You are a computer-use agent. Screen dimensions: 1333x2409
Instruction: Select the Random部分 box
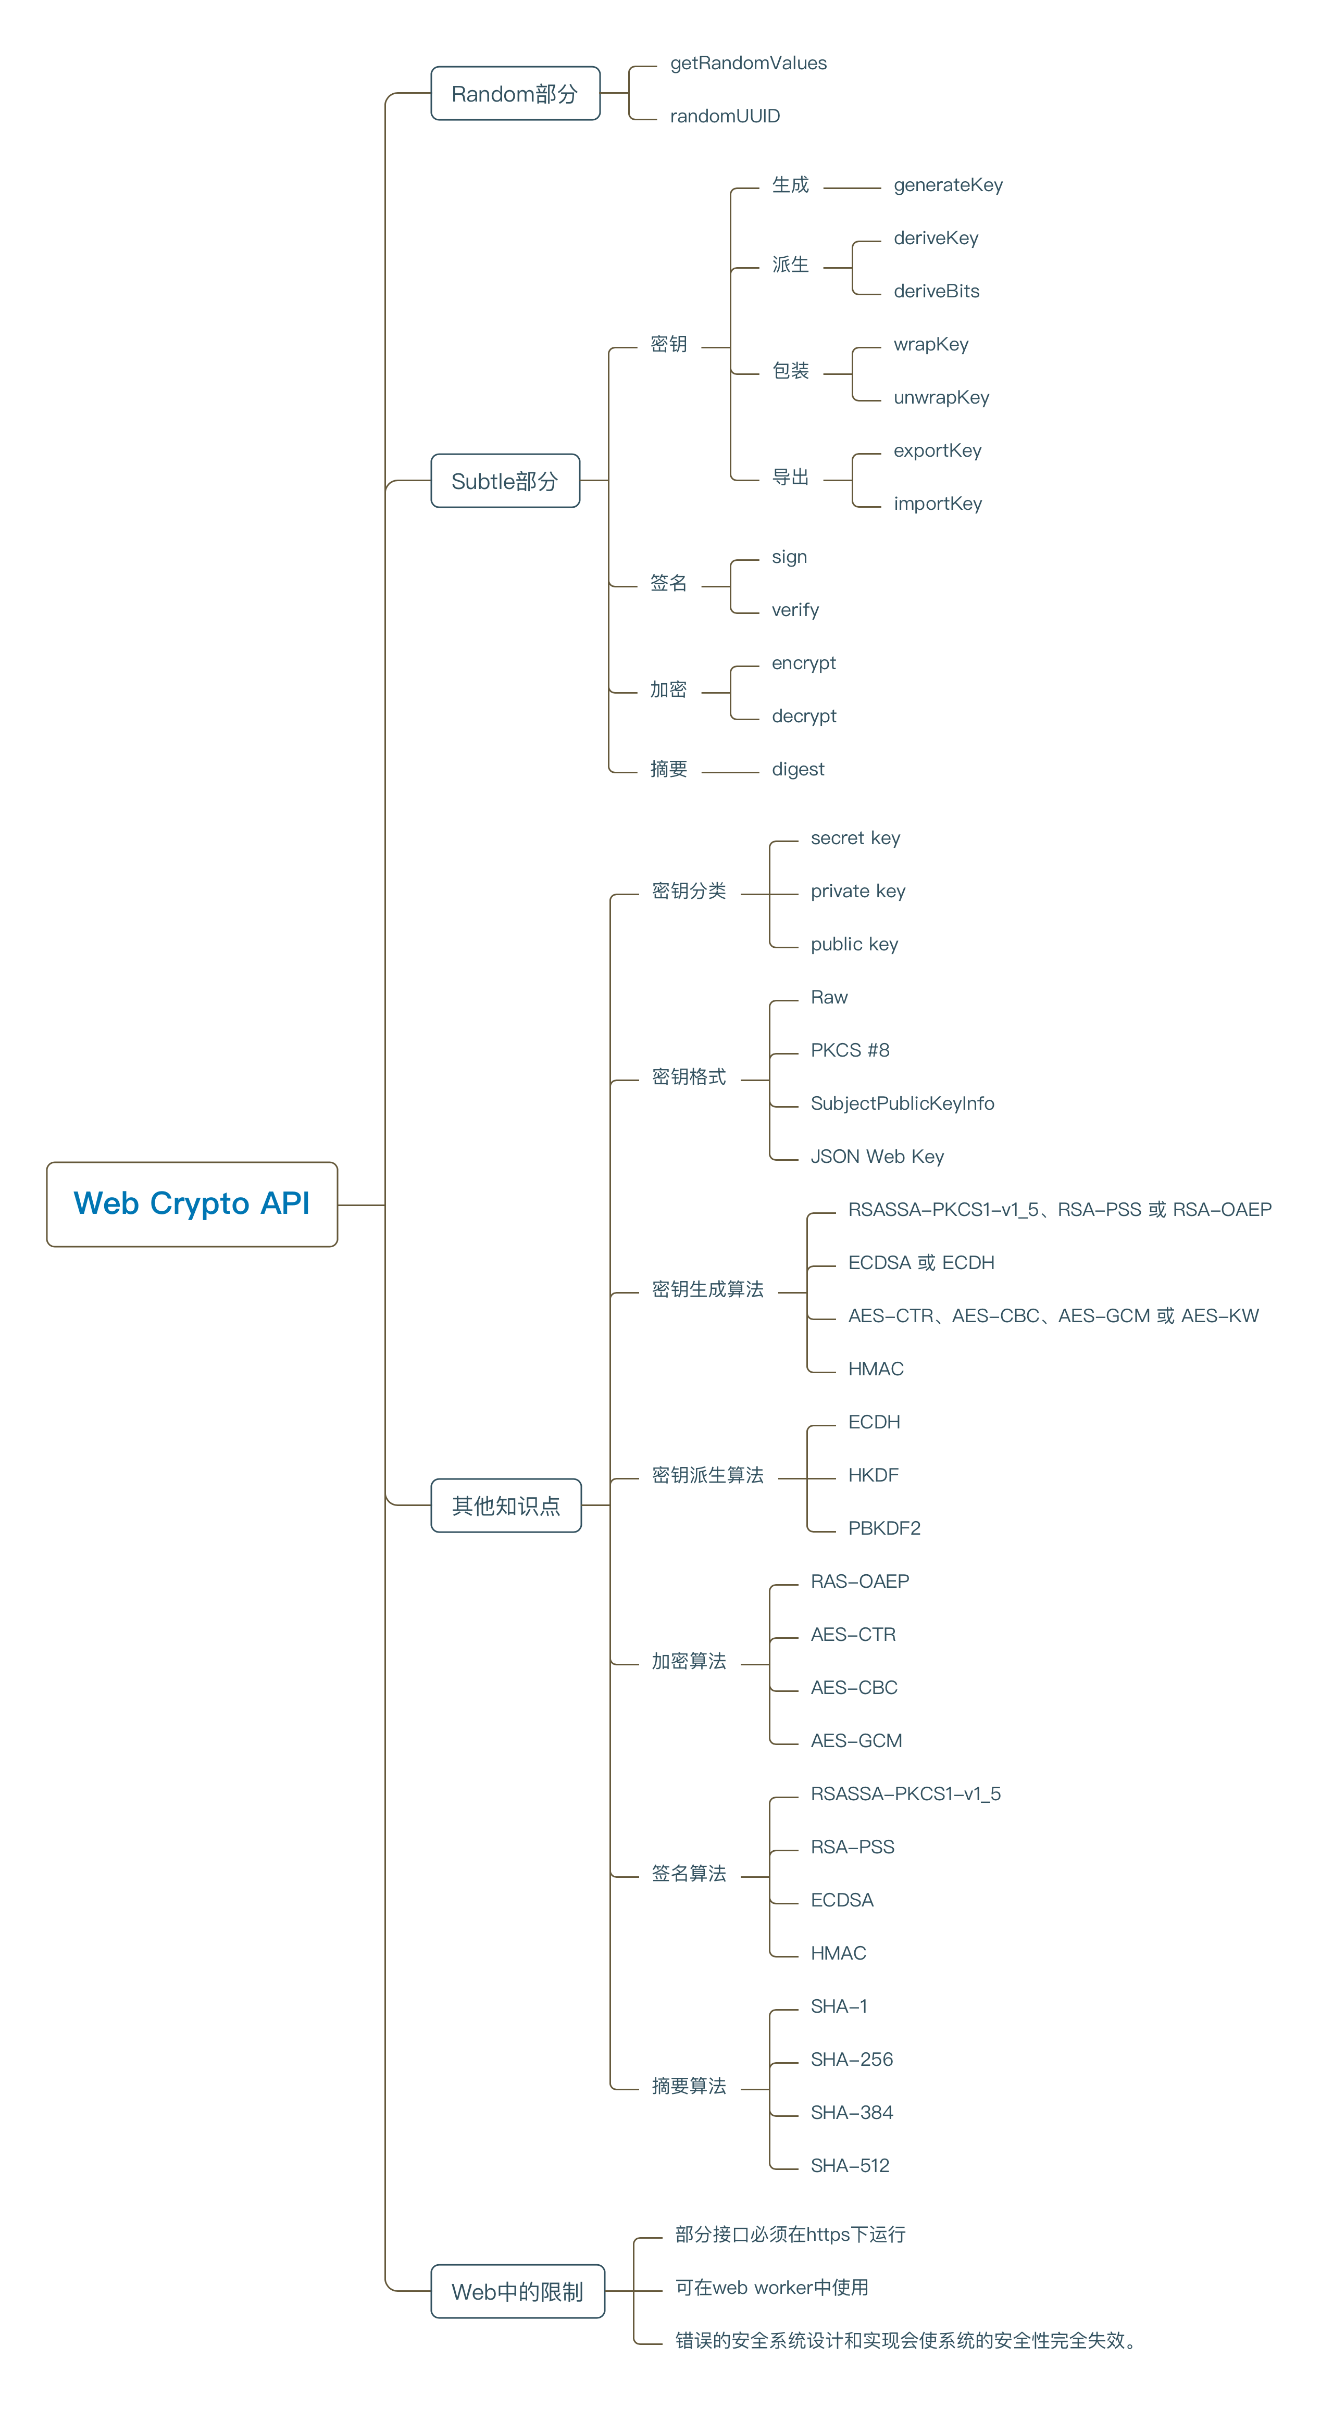pyautogui.click(x=515, y=94)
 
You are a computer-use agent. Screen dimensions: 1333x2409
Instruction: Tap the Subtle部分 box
pyautogui.click(x=505, y=481)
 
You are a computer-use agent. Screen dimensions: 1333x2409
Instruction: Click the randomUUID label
pyautogui.click(x=725, y=116)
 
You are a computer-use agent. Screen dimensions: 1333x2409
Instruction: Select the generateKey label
pyautogui.click(x=948, y=185)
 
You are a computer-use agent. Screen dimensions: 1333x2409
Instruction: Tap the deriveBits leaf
pyautogui.click(x=937, y=291)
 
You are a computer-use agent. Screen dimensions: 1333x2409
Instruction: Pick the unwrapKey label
pyautogui.click(x=941, y=397)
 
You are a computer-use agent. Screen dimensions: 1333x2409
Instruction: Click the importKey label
pyautogui.click(x=937, y=504)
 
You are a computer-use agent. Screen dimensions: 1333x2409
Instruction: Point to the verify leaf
pyautogui.click(x=795, y=610)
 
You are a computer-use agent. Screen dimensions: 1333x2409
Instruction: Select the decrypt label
pyautogui.click(x=804, y=717)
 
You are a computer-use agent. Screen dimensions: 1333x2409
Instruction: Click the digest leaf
pyautogui.click(x=798, y=770)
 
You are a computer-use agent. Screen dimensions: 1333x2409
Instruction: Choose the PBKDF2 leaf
pyautogui.click(x=884, y=1528)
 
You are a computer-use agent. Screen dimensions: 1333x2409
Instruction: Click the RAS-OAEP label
pyautogui.click(x=859, y=1582)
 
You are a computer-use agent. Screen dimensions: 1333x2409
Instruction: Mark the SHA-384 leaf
pyautogui.click(x=851, y=2113)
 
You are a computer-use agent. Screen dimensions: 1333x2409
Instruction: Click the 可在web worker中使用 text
pyautogui.click(x=772, y=2288)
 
